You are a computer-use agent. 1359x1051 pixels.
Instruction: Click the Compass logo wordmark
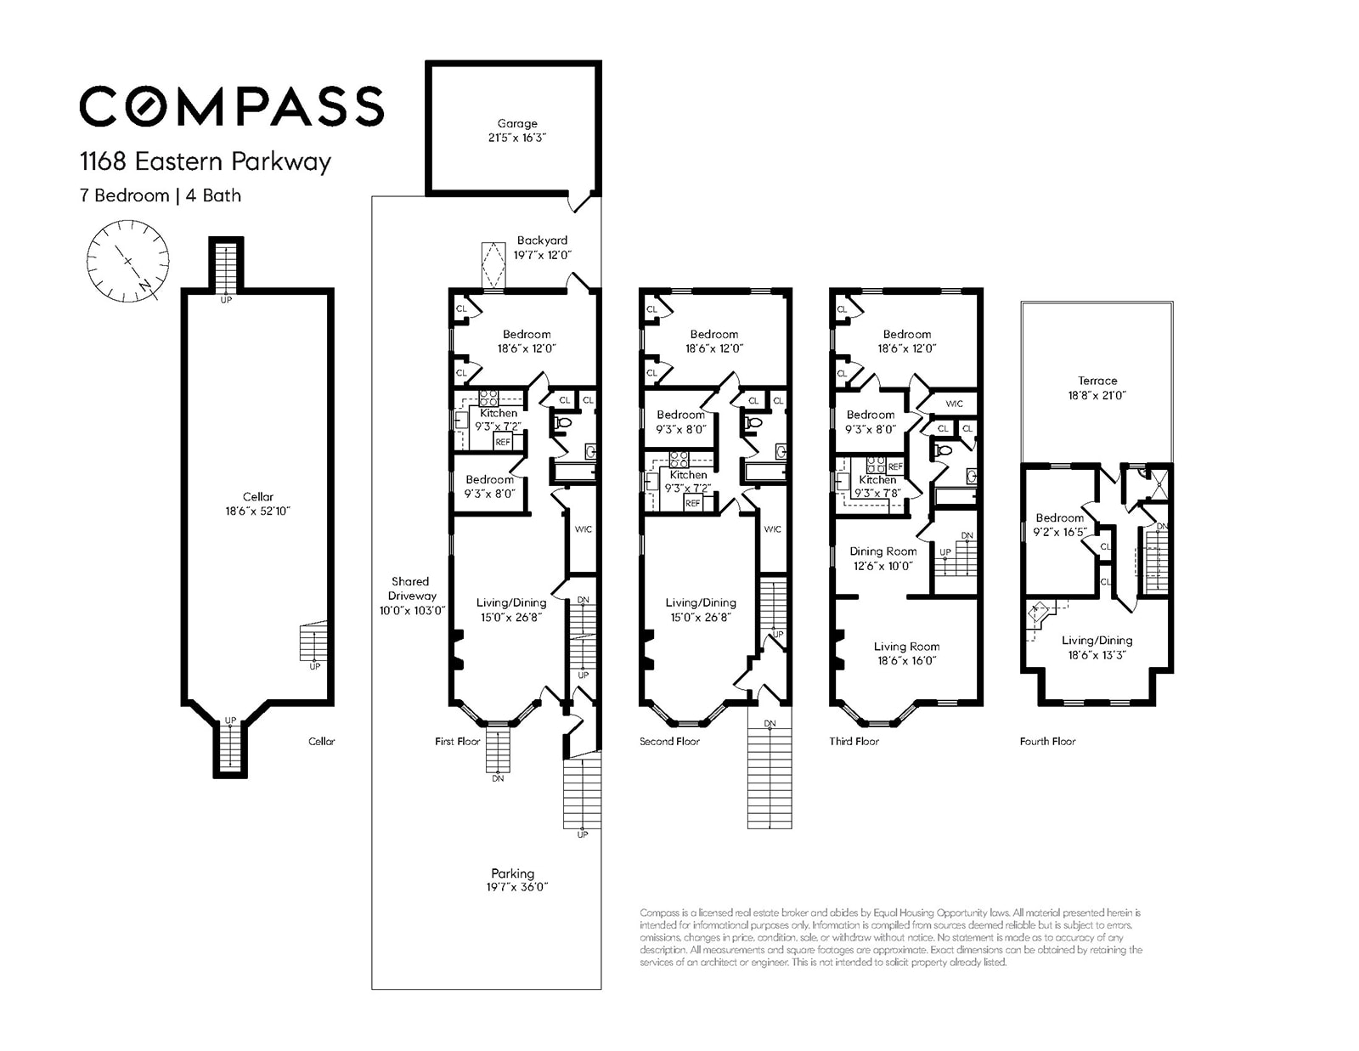(x=231, y=106)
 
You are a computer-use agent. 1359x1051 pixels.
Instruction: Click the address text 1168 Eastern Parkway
(x=205, y=161)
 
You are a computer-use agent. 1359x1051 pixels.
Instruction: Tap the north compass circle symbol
(x=127, y=261)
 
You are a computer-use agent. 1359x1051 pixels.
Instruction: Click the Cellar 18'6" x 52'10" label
(x=258, y=504)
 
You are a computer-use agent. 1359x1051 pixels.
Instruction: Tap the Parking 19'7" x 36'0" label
(x=512, y=879)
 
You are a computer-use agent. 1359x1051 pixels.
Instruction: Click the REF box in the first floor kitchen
(x=503, y=442)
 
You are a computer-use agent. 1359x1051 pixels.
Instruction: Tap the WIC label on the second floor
(x=772, y=529)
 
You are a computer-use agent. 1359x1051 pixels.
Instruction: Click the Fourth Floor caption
(x=1047, y=741)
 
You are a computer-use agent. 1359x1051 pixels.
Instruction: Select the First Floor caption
(x=457, y=741)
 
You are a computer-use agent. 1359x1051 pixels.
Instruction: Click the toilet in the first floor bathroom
(x=561, y=422)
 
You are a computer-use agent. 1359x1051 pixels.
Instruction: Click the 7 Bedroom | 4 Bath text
(x=161, y=195)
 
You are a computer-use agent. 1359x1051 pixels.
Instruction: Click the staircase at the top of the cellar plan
(x=226, y=265)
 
